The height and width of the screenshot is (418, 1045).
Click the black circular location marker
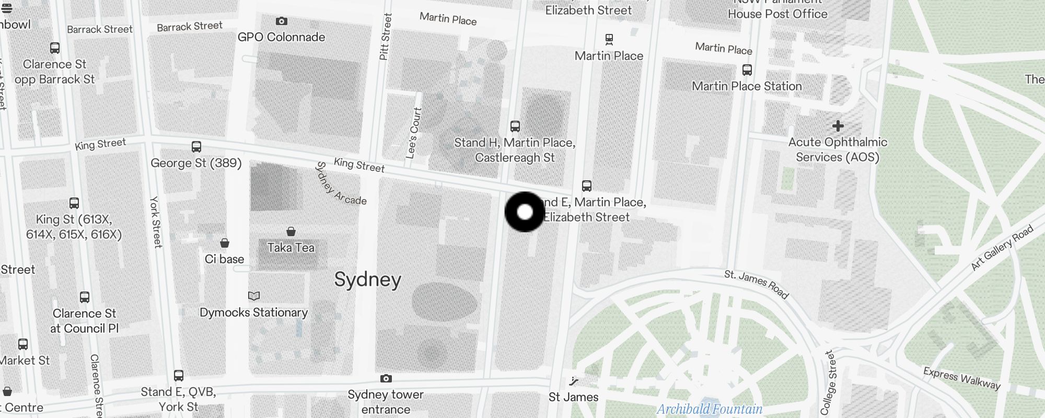coord(525,212)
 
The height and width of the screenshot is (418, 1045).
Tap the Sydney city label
coord(367,280)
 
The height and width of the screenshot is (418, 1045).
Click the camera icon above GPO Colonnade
coord(282,21)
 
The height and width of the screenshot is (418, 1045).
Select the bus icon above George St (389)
coord(196,147)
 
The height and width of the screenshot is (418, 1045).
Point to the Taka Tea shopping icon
coord(291,231)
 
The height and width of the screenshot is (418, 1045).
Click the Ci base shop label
coord(224,259)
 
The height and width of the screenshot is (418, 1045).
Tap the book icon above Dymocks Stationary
coord(254,296)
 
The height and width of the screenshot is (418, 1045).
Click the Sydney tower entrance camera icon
coord(386,379)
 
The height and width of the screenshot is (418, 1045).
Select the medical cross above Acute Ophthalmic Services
coord(838,126)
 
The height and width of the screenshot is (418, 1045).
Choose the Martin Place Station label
coord(747,86)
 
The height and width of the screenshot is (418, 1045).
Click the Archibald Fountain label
coord(709,409)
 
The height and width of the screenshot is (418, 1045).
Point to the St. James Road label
coord(756,284)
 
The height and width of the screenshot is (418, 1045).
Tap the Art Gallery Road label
coord(1002,248)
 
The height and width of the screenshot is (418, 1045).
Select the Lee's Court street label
coord(414,133)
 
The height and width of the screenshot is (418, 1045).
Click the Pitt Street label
coord(385,37)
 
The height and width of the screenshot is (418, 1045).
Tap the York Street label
coord(155,222)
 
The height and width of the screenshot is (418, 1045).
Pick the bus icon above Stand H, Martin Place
coord(515,126)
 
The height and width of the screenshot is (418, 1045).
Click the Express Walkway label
coord(961,379)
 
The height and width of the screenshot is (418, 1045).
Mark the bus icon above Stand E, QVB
coord(179,376)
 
